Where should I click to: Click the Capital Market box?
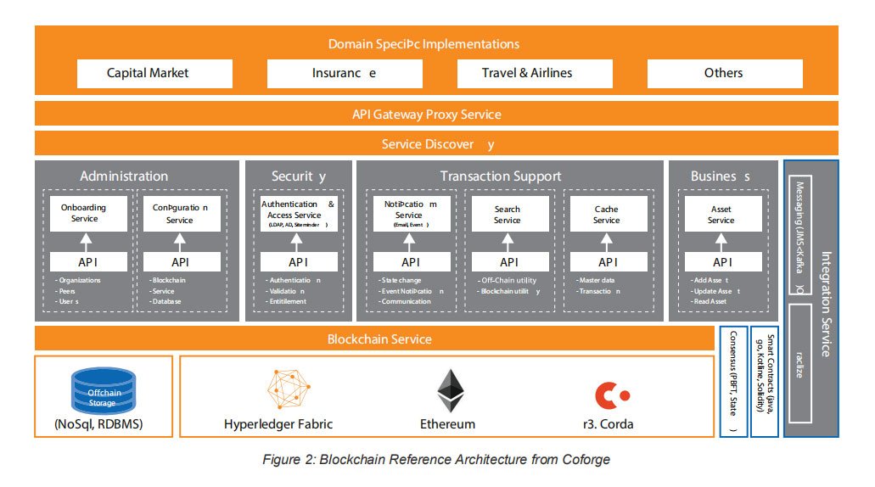pyautogui.click(x=148, y=73)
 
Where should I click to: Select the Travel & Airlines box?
pyautogui.click(x=527, y=73)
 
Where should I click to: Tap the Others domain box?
pyautogui.click(x=724, y=73)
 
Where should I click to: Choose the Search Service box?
pyautogui.click(x=507, y=215)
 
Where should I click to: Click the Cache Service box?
pyautogui.click(x=606, y=215)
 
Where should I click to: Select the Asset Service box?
pyautogui.click(x=721, y=215)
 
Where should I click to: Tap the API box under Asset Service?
pyautogui.click(x=721, y=262)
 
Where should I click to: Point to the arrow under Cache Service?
pyautogui.click(x=606, y=241)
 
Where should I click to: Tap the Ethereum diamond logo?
pyautogui.click(x=450, y=391)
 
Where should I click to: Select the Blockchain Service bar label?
pyautogui.click(x=379, y=339)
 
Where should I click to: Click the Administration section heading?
pyautogui.click(x=124, y=176)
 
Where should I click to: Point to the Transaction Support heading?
pyautogui.click(x=500, y=176)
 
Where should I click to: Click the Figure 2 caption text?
pyautogui.click(x=436, y=460)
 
